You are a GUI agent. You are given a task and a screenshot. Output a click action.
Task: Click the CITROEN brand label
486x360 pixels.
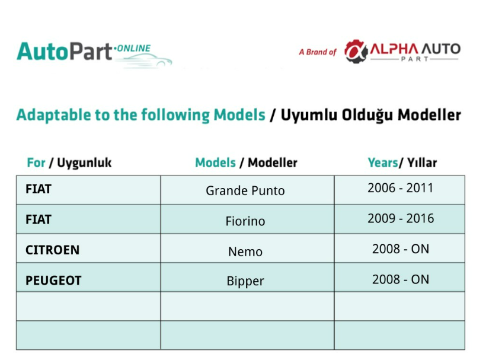pyautogui.click(x=52, y=250)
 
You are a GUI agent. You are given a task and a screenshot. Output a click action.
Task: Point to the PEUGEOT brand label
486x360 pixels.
pyautogui.click(x=53, y=281)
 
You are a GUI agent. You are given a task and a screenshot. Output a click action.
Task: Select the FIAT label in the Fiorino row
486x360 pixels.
pyautogui.click(x=39, y=219)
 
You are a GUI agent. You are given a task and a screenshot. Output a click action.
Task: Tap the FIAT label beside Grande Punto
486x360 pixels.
pyautogui.click(x=39, y=189)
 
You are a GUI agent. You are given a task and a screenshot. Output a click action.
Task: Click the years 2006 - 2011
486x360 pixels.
pyautogui.click(x=400, y=188)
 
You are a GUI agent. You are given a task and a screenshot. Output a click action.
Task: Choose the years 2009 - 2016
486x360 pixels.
pyautogui.click(x=401, y=219)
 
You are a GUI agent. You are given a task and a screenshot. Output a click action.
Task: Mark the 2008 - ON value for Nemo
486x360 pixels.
pyautogui.click(x=401, y=249)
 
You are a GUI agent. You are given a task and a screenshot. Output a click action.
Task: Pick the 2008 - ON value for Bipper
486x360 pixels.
pyautogui.click(x=401, y=279)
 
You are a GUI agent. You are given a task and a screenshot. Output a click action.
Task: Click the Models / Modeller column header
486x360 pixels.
pyautogui.click(x=246, y=163)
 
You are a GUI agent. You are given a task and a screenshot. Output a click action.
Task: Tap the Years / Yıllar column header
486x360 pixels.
pyautogui.click(x=402, y=163)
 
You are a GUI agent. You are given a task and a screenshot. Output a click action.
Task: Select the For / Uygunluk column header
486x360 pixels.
pyautogui.click(x=69, y=163)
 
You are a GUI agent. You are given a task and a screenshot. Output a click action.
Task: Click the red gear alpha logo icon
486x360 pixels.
pyautogui.click(x=356, y=52)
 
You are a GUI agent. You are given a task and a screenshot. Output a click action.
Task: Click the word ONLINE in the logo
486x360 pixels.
pyautogui.click(x=133, y=49)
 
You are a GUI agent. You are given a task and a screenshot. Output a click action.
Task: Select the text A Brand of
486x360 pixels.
pyautogui.click(x=318, y=52)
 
